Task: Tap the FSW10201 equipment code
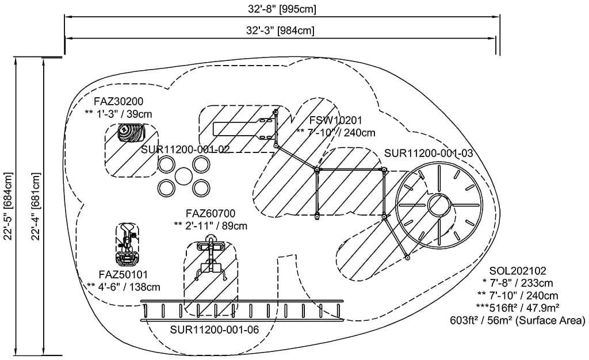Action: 335,120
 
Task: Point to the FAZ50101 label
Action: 124,274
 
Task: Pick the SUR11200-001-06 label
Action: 214,330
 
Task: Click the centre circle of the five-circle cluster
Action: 183,176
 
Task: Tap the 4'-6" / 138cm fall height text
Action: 124,286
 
